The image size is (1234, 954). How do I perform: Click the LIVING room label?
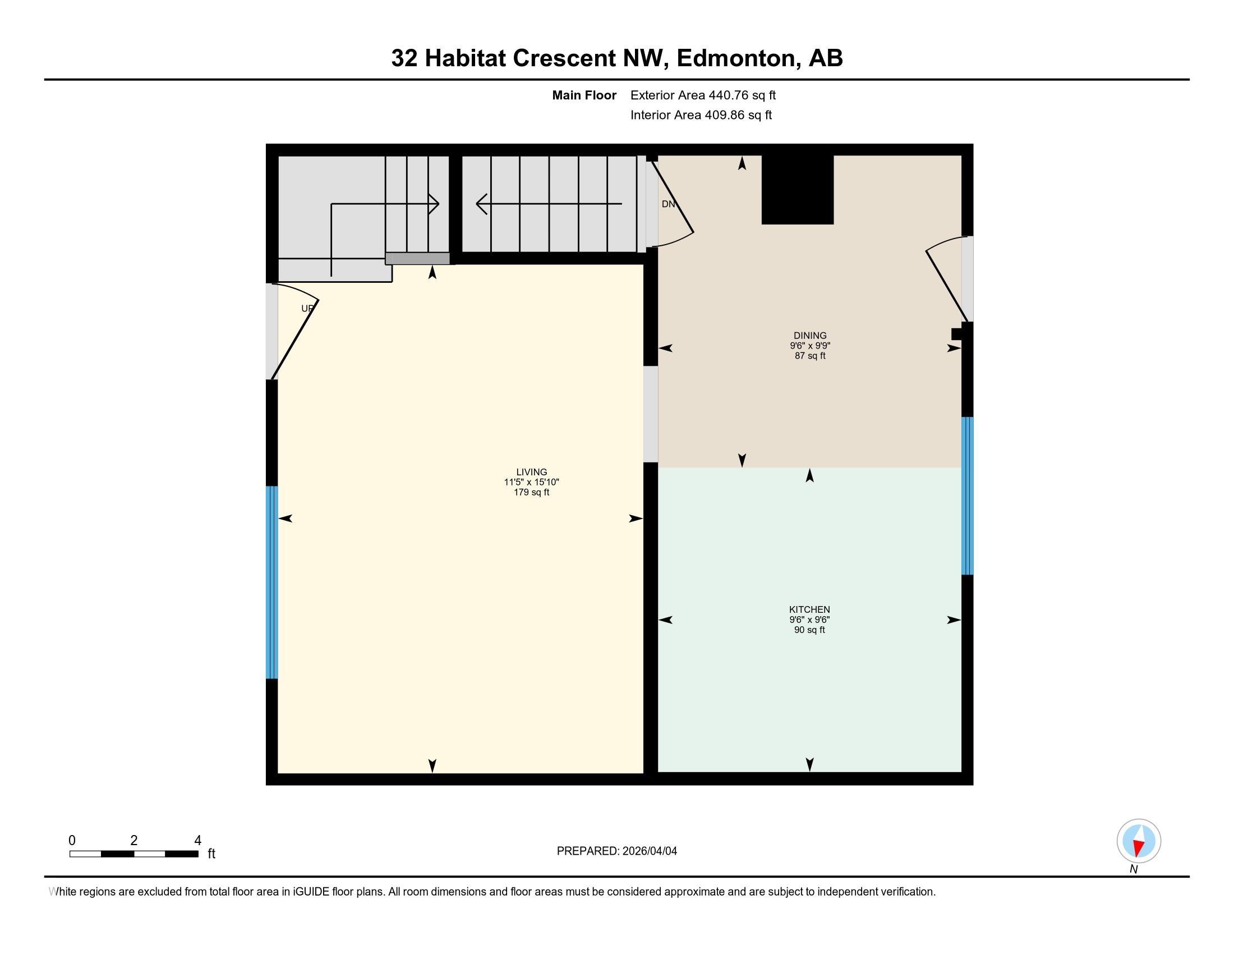(x=531, y=472)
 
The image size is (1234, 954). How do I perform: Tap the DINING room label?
(x=809, y=335)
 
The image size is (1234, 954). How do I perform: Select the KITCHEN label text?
(x=809, y=609)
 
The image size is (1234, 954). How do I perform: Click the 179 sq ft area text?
(x=531, y=492)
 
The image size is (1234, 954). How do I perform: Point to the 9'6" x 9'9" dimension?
(x=809, y=345)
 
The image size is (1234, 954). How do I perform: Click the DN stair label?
(x=668, y=204)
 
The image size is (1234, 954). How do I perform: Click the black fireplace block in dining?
(x=797, y=189)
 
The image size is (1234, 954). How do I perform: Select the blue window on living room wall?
(x=272, y=581)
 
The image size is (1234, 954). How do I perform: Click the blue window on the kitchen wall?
(x=968, y=496)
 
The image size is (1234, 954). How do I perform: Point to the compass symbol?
(x=1139, y=841)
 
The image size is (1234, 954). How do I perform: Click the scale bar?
(x=134, y=854)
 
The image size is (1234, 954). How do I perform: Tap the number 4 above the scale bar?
(x=198, y=841)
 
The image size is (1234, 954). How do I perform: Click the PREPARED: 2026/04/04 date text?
(x=616, y=851)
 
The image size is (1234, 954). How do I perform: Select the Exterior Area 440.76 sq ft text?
(x=703, y=95)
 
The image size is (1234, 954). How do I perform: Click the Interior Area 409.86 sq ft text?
(x=701, y=115)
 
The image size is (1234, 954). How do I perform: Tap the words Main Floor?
(x=584, y=95)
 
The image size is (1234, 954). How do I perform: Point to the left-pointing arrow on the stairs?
(x=482, y=204)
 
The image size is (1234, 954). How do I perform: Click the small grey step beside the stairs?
(x=417, y=258)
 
